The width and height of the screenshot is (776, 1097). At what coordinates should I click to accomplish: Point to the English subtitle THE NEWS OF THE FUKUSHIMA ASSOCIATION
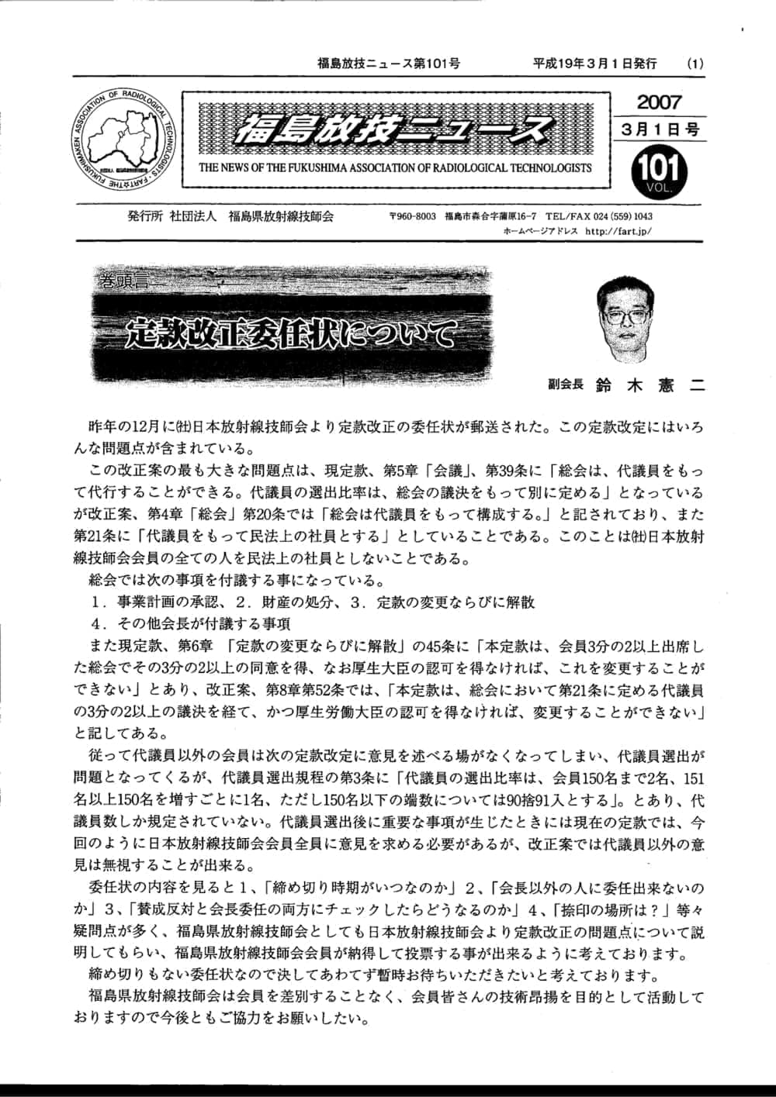click(x=395, y=167)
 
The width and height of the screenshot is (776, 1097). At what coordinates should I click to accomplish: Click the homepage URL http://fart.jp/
click(x=618, y=231)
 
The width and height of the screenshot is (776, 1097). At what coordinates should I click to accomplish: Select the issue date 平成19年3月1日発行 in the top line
click(x=594, y=64)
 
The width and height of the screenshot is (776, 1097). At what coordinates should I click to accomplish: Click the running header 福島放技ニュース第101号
click(x=388, y=64)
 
